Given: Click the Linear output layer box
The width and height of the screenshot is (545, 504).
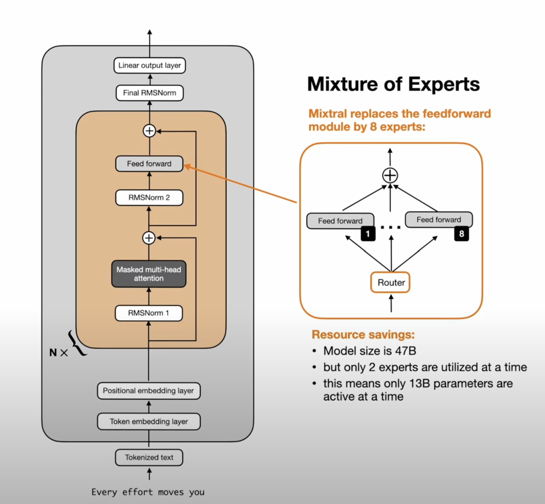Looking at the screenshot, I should pyautogui.click(x=150, y=65).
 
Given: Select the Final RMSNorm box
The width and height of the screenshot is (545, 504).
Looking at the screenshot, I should pyautogui.click(x=150, y=93).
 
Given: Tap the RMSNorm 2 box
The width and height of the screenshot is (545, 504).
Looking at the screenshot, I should pyautogui.click(x=149, y=198).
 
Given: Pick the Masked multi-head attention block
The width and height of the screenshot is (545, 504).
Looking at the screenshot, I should pyautogui.click(x=149, y=274).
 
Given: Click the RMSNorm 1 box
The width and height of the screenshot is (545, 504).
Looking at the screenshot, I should pyautogui.click(x=149, y=313).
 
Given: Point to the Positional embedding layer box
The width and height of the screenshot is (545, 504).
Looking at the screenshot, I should pyautogui.click(x=149, y=391).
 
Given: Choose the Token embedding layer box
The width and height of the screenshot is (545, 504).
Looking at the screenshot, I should pyautogui.click(x=149, y=421).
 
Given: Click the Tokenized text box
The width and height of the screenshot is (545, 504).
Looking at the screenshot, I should pyautogui.click(x=149, y=457).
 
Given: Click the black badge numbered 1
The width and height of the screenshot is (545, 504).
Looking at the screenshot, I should pyautogui.click(x=368, y=234).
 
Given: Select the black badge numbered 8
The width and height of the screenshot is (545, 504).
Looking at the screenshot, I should pyautogui.click(x=461, y=234).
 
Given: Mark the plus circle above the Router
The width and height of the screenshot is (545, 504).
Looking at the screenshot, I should pyautogui.click(x=390, y=175).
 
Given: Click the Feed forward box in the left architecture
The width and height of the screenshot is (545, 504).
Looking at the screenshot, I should pyautogui.click(x=149, y=164).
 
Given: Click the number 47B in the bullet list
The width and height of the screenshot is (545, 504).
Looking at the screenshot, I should pyautogui.click(x=406, y=351).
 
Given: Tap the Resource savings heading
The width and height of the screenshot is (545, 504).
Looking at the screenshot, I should pyautogui.click(x=363, y=335).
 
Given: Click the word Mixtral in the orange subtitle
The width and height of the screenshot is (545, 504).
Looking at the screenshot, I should pyautogui.click(x=328, y=114).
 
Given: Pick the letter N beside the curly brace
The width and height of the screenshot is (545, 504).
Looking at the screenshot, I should pyautogui.click(x=53, y=352).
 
